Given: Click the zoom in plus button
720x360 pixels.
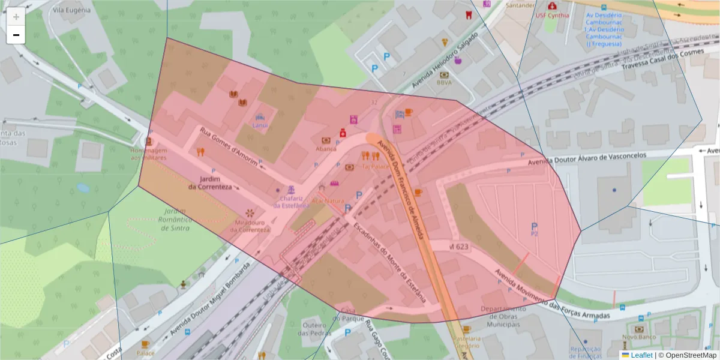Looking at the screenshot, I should [x=16, y=17].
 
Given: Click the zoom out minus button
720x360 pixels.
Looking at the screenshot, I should [x=16, y=35].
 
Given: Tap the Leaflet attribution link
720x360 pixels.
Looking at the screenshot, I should [x=641, y=355].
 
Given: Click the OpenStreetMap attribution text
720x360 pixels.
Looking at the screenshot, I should [x=689, y=355].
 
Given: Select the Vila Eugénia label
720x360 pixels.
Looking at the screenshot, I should [x=71, y=10].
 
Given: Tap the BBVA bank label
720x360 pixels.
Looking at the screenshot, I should [x=445, y=83].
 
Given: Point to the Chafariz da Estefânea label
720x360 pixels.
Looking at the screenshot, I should [x=292, y=202].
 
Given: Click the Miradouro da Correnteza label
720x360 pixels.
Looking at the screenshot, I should [x=249, y=226].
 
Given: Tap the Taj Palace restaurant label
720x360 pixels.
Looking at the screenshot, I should [x=372, y=166].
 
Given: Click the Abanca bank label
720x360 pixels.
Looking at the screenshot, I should [x=326, y=148].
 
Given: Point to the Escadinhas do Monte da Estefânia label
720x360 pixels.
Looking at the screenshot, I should [x=390, y=262].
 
